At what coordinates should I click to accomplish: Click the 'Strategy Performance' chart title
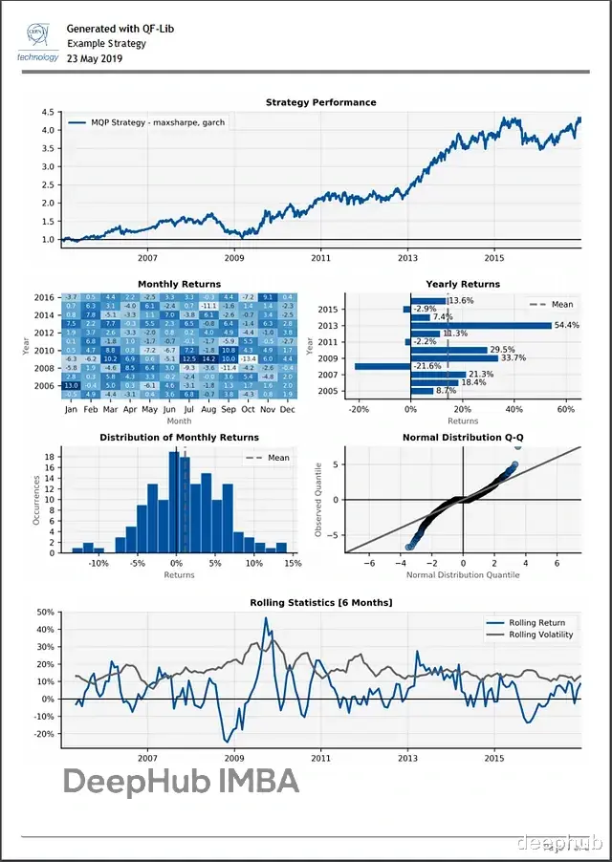(320, 102)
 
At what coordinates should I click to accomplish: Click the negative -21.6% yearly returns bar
(382, 366)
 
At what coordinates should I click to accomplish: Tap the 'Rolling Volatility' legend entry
(540, 635)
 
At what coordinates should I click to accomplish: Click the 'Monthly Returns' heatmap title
(179, 284)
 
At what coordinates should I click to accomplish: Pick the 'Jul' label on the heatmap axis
(189, 410)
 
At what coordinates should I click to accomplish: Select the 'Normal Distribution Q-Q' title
(462, 438)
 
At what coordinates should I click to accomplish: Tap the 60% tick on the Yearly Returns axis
(565, 409)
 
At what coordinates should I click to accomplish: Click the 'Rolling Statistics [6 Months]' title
(320, 603)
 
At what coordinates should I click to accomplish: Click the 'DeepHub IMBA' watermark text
(181, 782)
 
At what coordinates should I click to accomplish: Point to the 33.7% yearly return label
(514, 358)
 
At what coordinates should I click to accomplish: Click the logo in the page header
(38, 41)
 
